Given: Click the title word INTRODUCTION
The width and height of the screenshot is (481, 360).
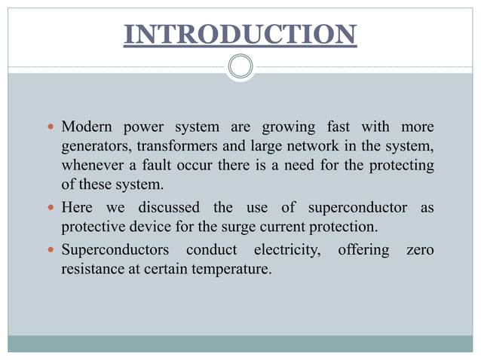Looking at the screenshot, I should [x=240, y=35].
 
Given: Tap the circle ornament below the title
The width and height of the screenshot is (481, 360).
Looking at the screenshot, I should [x=240, y=67].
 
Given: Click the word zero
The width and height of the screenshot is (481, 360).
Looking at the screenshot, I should [x=420, y=249].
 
